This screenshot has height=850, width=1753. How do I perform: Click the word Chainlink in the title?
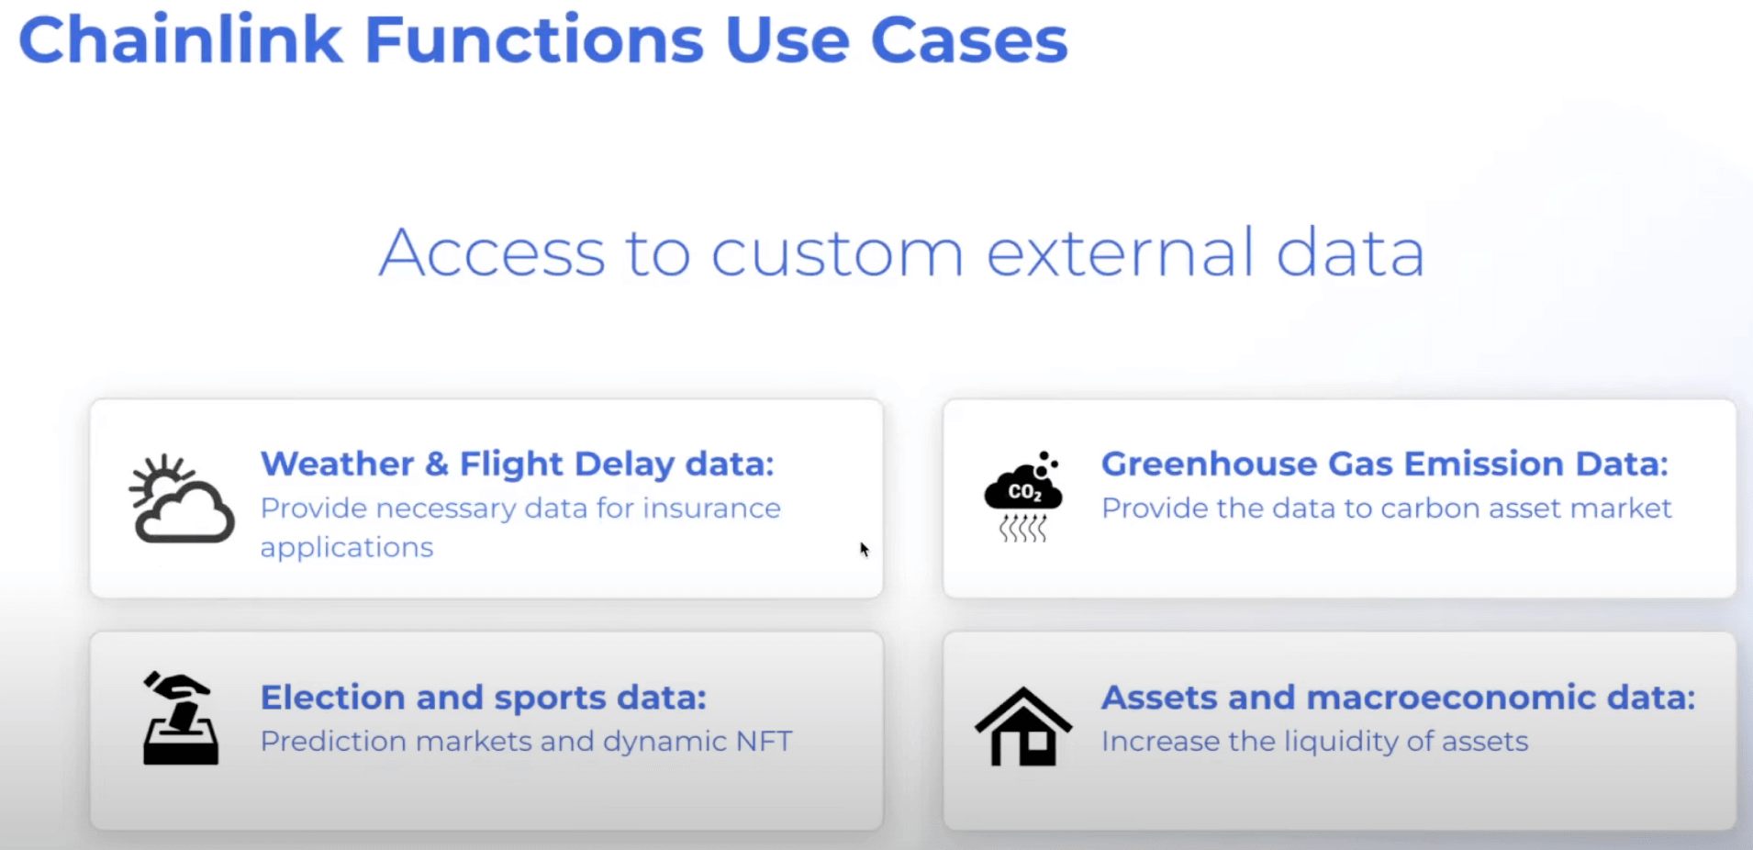click(181, 39)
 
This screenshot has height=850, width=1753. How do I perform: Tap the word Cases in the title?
click(969, 40)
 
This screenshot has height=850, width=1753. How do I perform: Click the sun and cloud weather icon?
click(182, 498)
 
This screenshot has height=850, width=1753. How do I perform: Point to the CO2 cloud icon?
click(1023, 497)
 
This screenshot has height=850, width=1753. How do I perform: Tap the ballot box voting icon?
click(181, 719)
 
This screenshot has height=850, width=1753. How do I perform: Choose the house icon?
click(1023, 726)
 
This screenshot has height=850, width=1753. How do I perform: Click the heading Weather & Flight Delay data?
click(518, 464)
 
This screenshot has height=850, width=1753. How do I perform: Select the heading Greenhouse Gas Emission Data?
click(1385, 464)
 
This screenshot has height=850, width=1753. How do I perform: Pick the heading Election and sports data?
click(484, 698)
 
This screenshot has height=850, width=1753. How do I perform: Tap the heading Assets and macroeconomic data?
click(1399, 698)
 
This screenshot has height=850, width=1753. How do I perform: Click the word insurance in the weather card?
click(711, 508)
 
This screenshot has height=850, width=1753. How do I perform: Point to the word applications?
click(347, 548)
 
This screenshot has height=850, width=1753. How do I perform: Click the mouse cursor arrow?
click(865, 549)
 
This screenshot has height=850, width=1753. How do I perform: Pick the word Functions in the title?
click(534, 40)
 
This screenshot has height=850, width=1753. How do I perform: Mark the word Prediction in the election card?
click(333, 741)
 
